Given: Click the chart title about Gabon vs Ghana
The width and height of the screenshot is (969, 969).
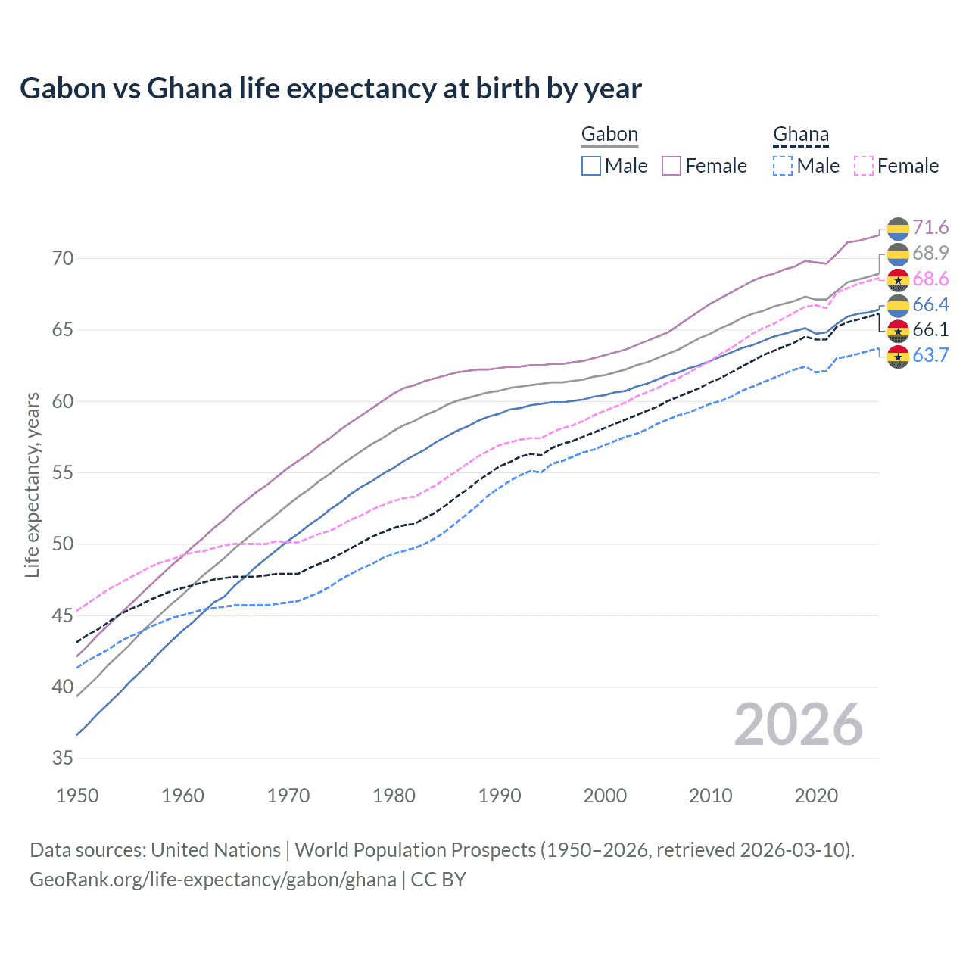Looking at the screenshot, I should (x=331, y=89).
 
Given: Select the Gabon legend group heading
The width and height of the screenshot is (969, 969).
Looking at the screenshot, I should (x=609, y=135).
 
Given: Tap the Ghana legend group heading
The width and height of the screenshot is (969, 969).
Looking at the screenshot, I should (x=801, y=135).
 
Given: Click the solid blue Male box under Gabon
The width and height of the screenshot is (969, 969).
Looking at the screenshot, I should (x=591, y=166).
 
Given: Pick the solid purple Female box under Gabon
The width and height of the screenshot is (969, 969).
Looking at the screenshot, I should (x=671, y=166).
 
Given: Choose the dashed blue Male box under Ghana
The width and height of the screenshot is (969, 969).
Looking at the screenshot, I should (x=783, y=166).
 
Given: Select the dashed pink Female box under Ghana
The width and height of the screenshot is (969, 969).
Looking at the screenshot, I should (x=864, y=166).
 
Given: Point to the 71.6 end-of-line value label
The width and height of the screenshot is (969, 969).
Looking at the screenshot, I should (x=930, y=228).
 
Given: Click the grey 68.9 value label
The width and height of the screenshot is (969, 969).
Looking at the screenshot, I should (x=930, y=253).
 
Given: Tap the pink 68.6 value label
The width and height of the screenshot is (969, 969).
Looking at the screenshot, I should (x=930, y=279).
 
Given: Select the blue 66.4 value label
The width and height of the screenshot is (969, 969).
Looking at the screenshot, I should (x=930, y=304).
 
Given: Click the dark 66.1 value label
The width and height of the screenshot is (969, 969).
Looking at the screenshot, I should (x=930, y=330).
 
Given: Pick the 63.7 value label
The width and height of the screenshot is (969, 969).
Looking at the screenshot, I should (x=930, y=355).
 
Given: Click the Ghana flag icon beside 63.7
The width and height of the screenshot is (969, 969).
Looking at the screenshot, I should (x=898, y=356).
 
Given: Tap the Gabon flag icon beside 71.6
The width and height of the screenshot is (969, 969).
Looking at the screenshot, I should (x=898, y=228).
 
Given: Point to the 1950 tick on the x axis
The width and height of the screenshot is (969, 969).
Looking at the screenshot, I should (x=78, y=796).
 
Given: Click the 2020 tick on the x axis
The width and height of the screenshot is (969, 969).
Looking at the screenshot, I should (x=816, y=796).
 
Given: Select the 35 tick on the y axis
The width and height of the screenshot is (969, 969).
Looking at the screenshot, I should (x=63, y=759).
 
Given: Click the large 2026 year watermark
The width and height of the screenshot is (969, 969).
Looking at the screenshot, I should (x=798, y=724).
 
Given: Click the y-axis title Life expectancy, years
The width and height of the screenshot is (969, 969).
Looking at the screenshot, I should (x=33, y=484).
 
